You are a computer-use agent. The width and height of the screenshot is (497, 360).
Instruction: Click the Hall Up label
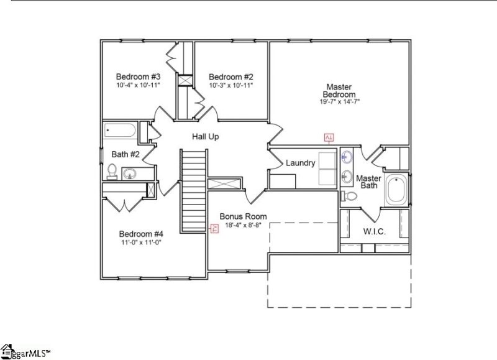tap(205, 136)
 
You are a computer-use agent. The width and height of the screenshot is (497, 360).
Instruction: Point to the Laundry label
tap(301, 163)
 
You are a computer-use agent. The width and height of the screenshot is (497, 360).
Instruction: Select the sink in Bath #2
tap(130, 173)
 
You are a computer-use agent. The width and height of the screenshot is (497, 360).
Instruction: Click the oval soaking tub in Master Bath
tap(396, 190)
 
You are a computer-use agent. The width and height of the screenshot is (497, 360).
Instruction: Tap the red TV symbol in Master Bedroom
tap(329, 137)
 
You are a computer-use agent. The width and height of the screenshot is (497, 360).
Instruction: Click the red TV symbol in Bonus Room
tap(215, 228)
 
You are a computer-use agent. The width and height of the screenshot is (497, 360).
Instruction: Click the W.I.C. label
tap(374, 231)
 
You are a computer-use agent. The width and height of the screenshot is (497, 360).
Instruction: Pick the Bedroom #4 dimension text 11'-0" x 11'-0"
tap(140, 242)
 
